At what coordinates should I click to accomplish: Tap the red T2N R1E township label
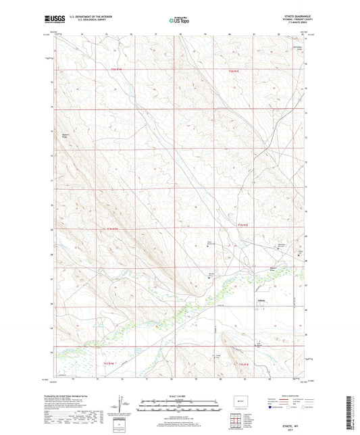tap(234, 70)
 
